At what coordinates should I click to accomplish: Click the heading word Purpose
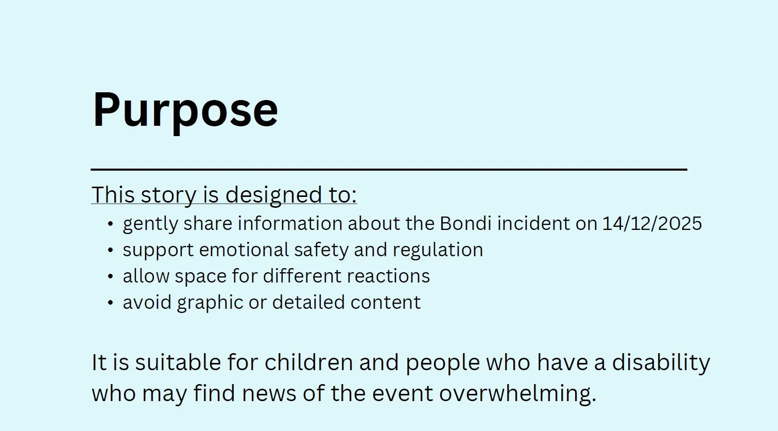(x=185, y=110)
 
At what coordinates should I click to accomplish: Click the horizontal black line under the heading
(x=389, y=169)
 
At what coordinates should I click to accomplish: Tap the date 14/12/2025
(x=652, y=224)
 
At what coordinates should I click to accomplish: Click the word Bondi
(x=465, y=224)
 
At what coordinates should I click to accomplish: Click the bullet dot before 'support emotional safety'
(x=110, y=250)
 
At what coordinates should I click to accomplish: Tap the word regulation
(x=438, y=250)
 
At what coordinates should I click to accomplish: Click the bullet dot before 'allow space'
(x=110, y=276)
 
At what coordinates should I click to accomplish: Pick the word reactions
(x=388, y=276)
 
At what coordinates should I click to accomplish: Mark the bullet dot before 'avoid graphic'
(x=110, y=303)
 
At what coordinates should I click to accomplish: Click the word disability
(x=661, y=362)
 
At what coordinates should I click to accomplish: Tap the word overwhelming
(x=517, y=393)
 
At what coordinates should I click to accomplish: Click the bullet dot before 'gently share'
(x=110, y=224)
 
